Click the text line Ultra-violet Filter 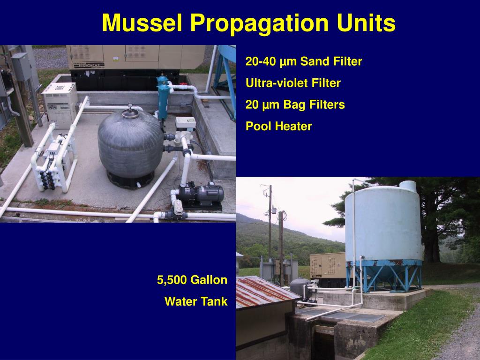coord(293,83)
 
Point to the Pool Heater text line coord(278,126)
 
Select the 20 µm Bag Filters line coord(295,105)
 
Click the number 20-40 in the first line coord(259,62)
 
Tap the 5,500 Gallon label coord(192,280)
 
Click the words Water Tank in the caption coord(195,302)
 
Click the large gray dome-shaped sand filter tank coord(130,143)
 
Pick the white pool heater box coord(60,104)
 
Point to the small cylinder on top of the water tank coord(408,186)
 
